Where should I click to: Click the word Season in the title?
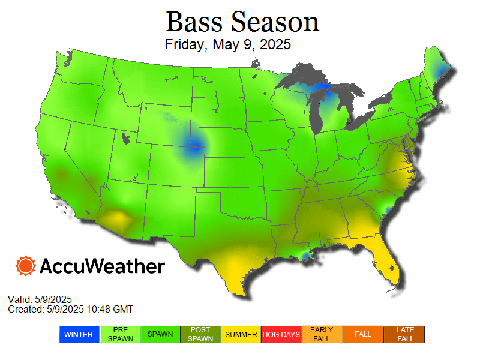275,22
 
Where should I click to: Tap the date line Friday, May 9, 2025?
227,44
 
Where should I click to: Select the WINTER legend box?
79,334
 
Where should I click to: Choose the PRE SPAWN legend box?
120,334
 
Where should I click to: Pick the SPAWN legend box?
160,334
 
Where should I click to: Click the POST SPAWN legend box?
200,334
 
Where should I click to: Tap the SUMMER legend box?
241,334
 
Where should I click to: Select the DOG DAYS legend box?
281,334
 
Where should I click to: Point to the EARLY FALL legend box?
322,334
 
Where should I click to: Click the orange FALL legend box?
363,334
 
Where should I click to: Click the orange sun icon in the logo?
26,266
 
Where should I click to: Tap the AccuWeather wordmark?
102,266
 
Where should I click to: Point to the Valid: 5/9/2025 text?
40,299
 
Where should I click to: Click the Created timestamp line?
70,309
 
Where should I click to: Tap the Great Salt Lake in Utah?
125,139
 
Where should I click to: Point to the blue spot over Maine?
442,73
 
